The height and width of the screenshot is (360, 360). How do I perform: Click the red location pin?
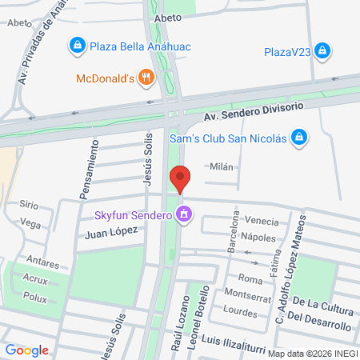[x=180, y=178]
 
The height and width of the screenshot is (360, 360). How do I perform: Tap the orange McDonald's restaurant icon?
[x=145, y=78]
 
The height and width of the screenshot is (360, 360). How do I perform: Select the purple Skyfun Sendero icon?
[x=185, y=214]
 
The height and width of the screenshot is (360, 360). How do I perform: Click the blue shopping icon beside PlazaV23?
[x=322, y=52]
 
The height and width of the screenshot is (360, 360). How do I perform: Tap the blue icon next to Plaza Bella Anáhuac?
[x=77, y=46]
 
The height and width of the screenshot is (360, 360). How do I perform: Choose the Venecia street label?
[x=262, y=221]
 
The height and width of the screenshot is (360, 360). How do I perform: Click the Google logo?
[x=27, y=350]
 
